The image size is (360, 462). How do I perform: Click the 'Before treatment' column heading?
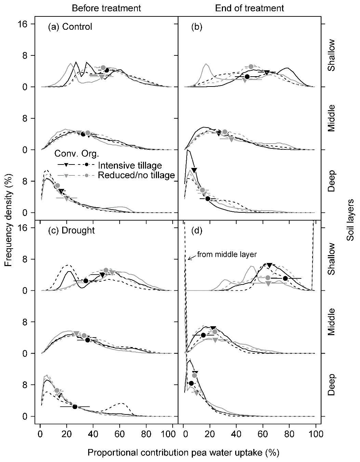click(106, 8)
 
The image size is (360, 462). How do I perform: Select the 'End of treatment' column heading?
click(250, 8)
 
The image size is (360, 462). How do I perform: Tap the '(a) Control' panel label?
click(70, 27)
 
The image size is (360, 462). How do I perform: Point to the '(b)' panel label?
click(197, 27)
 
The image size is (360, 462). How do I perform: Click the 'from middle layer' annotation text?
click(227, 254)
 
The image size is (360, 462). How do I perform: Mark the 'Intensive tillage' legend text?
click(130, 166)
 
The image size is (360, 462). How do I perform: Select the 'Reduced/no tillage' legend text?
click(136, 175)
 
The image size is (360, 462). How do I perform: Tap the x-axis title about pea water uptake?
click(183, 453)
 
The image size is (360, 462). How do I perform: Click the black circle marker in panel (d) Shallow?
click(285, 278)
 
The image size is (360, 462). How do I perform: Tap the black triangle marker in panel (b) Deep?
click(194, 170)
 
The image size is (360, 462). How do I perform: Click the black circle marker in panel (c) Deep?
click(75, 407)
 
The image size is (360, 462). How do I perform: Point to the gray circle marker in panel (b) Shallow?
click(251, 67)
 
